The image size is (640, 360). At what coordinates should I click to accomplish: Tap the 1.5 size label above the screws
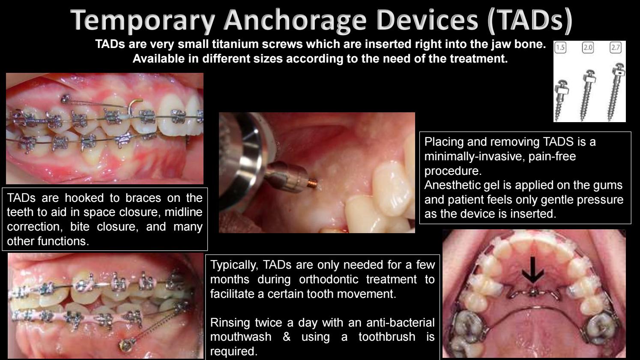(560, 48)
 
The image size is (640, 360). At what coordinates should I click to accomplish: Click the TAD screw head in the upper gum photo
(65, 99)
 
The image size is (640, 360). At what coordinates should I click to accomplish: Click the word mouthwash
(241, 337)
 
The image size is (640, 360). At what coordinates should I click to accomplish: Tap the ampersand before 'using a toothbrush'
(287, 337)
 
